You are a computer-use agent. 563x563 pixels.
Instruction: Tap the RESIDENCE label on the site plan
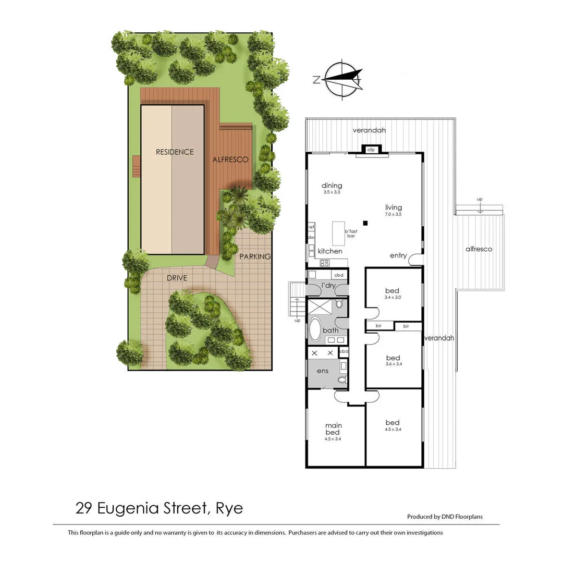coord(175,152)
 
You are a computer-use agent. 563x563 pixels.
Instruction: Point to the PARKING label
coord(255,256)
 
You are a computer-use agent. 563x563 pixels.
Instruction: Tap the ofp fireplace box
coord(371,150)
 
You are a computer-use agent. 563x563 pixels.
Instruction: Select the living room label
coord(394,207)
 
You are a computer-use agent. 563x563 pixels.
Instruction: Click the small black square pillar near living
coord(366,223)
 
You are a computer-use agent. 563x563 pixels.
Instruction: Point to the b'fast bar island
coord(340,234)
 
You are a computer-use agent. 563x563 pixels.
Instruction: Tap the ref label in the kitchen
coord(311,227)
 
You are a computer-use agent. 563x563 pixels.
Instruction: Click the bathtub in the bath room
coord(316,329)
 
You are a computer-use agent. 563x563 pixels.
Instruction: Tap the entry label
coord(398,255)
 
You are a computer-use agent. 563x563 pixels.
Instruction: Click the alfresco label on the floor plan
coord(479,249)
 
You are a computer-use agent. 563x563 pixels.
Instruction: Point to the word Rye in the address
coord(230,508)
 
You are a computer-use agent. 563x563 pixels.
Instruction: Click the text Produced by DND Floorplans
coord(445,517)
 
